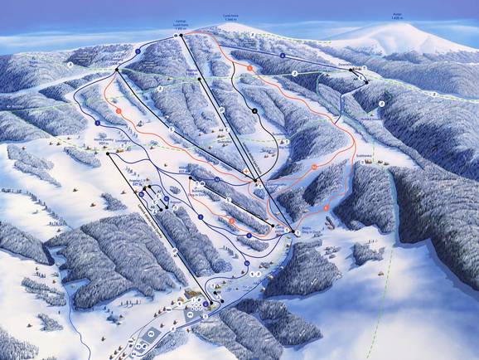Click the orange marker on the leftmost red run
(119, 109)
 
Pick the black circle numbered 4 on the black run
(254, 110)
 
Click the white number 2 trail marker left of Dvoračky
(294, 74)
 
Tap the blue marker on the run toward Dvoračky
(283, 56)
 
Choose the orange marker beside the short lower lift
(232, 222)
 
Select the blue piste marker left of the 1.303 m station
(138, 51)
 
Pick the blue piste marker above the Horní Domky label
(98, 122)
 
